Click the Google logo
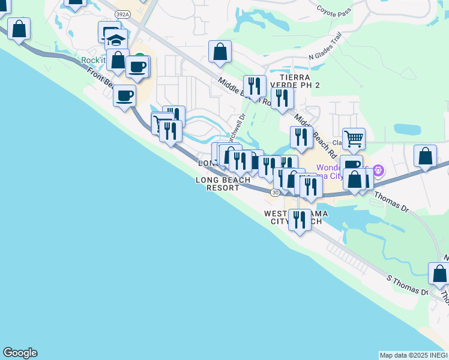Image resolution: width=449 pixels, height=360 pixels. pyautogui.click(x=20, y=353)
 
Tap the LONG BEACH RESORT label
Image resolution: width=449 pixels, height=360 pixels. pyautogui.click(x=223, y=184)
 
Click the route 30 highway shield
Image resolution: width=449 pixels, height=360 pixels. pyautogui.click(x=274, y=192)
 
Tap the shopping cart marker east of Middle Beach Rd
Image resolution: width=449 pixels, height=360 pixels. pyautogui.click(x=354, y=139)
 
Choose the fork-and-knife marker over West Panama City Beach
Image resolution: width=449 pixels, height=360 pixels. pyautogui.click(x=300, y=220)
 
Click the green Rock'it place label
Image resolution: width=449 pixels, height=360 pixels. pyautogui.click(x=95, y=60)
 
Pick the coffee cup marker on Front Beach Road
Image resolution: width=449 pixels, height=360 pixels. pyautogui.click(x=124, y=96)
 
